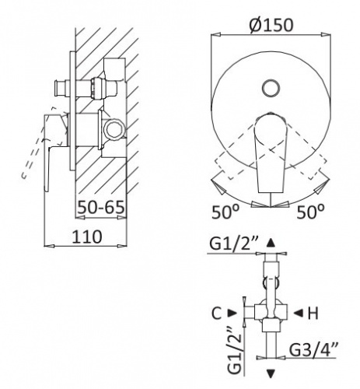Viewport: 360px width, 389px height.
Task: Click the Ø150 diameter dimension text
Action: pos(271,25)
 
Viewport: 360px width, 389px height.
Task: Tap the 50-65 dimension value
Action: pos(101,208)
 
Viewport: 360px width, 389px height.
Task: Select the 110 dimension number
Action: pos(87,237)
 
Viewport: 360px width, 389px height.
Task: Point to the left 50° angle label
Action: pos(225,212)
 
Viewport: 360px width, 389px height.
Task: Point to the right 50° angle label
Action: pos(310,212)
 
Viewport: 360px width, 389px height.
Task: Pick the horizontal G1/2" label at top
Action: pos(234,244)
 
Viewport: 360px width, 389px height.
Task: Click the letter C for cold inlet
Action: pos(217,314)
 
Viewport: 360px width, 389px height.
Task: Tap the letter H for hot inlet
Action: pos(313,314)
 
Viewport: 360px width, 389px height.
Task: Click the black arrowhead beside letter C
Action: pos(232,313)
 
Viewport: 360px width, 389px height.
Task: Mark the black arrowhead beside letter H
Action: pos(299,313)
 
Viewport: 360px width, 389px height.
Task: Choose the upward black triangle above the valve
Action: pos(271,243)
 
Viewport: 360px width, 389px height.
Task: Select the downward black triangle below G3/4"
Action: pos(271,373)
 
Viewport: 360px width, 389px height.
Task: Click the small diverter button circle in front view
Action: pos(271,88)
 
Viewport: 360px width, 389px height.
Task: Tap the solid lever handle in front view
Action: pos(271,153)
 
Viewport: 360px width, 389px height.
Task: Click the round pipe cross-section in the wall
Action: pos(114,128)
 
